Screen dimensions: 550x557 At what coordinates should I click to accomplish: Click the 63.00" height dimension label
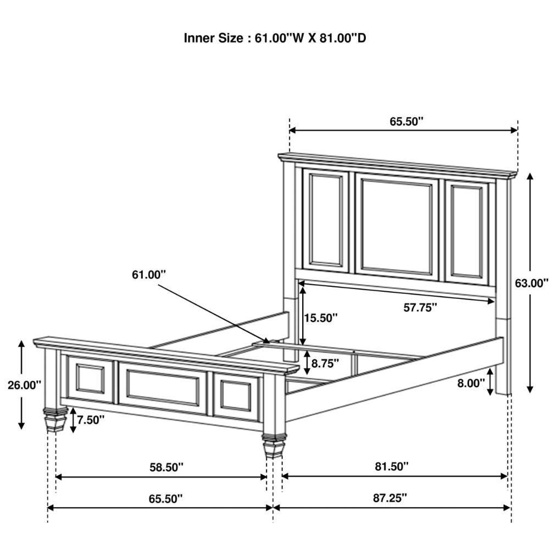532,283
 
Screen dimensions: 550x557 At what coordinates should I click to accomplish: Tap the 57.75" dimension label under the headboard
420,308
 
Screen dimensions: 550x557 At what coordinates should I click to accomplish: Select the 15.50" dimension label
321,318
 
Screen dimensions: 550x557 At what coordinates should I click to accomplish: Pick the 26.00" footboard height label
25,385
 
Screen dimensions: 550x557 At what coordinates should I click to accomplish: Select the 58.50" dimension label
166,467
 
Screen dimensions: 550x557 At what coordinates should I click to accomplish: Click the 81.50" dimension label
392,466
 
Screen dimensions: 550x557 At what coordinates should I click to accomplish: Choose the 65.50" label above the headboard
406,121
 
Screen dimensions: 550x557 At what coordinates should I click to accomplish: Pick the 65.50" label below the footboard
166,499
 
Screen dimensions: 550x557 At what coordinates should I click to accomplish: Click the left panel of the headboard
325,220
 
